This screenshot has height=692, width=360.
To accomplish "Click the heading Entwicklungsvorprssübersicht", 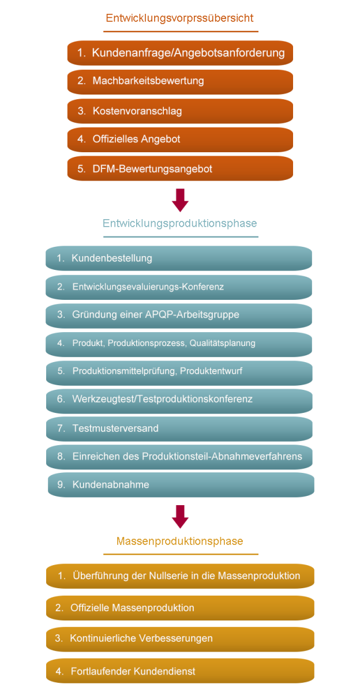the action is coord(179,18).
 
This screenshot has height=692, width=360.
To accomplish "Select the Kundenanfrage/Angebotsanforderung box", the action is coord(180,53).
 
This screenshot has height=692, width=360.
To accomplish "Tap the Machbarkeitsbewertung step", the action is coord(180,82).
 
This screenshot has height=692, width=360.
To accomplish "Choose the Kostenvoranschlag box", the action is coord(180,111).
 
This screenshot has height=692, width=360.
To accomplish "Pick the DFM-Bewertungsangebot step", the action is coord(180,168).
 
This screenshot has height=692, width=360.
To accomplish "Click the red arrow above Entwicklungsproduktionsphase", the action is coord(180,200).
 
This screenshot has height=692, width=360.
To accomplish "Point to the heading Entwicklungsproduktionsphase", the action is coord(180,223).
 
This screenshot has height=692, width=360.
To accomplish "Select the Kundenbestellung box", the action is coord(179,258).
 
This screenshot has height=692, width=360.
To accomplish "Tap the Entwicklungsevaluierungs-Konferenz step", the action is coord(179,287).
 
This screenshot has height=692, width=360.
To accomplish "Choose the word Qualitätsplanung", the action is coord(223,343).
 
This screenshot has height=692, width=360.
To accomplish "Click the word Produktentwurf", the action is coord(211,371).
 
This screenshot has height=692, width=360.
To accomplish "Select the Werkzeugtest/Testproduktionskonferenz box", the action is coord(179,401).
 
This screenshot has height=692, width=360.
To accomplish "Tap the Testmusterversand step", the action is coord(179,429).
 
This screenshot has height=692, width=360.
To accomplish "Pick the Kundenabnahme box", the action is coord(181,485).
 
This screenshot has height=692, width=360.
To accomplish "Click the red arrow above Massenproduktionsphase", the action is coord(180,517).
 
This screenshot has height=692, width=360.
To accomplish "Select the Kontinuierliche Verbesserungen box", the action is coord(180,639).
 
